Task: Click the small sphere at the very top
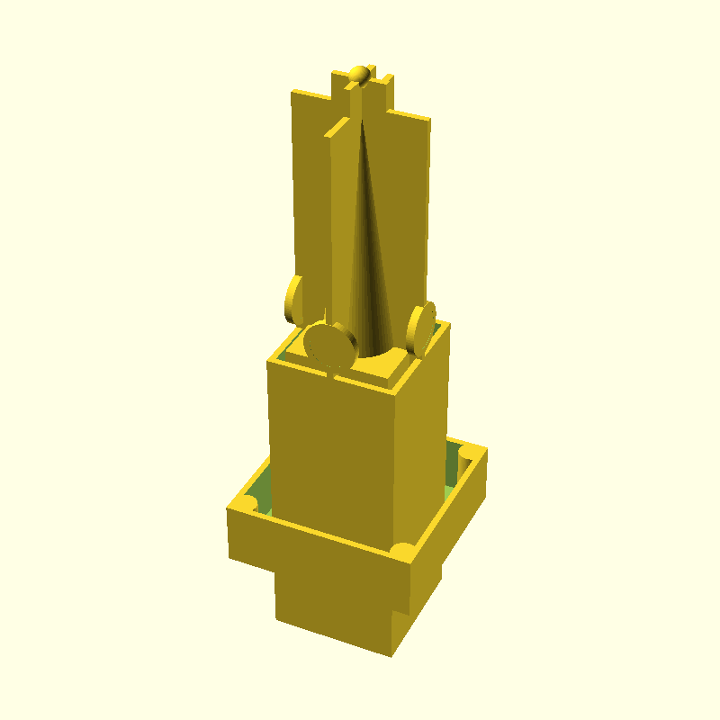(361, 73)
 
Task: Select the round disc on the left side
(293, 300)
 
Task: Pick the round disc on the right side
(420, 328)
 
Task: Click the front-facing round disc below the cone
(328, 346)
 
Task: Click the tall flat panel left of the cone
(310, 198)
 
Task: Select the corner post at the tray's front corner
(403, 551)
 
